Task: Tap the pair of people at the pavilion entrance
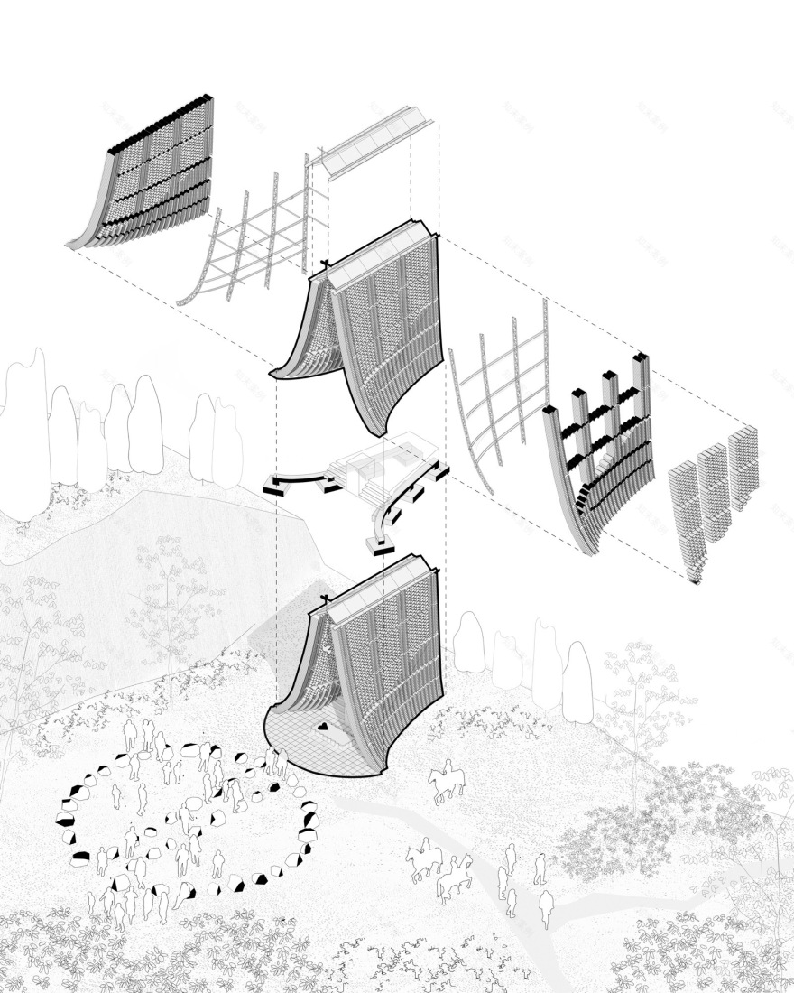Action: [275, 763]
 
